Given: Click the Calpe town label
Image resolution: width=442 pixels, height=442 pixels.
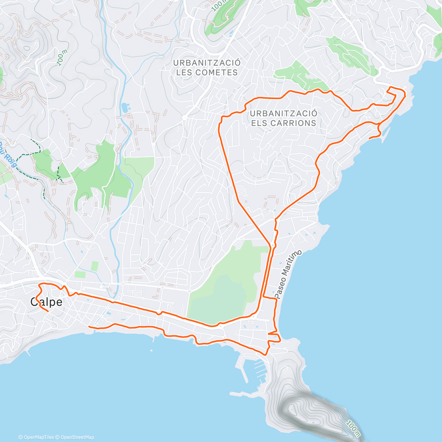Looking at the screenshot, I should pos(46,302).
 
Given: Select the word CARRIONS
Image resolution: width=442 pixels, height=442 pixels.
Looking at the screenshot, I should pos(295,123).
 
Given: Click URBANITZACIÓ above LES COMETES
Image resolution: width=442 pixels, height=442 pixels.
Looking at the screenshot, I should pos(207,63).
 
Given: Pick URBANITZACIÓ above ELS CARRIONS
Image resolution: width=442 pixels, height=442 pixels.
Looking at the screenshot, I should pos(283,113).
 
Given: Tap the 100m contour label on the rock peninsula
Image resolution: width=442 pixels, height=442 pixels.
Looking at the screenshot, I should pos(353,427).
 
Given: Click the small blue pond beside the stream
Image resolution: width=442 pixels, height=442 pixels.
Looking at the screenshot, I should pos(125,108).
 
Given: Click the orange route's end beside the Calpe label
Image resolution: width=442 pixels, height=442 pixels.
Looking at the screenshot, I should pos(48,311).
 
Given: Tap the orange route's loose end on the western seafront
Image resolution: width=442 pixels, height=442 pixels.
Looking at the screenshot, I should pos(90,326).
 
